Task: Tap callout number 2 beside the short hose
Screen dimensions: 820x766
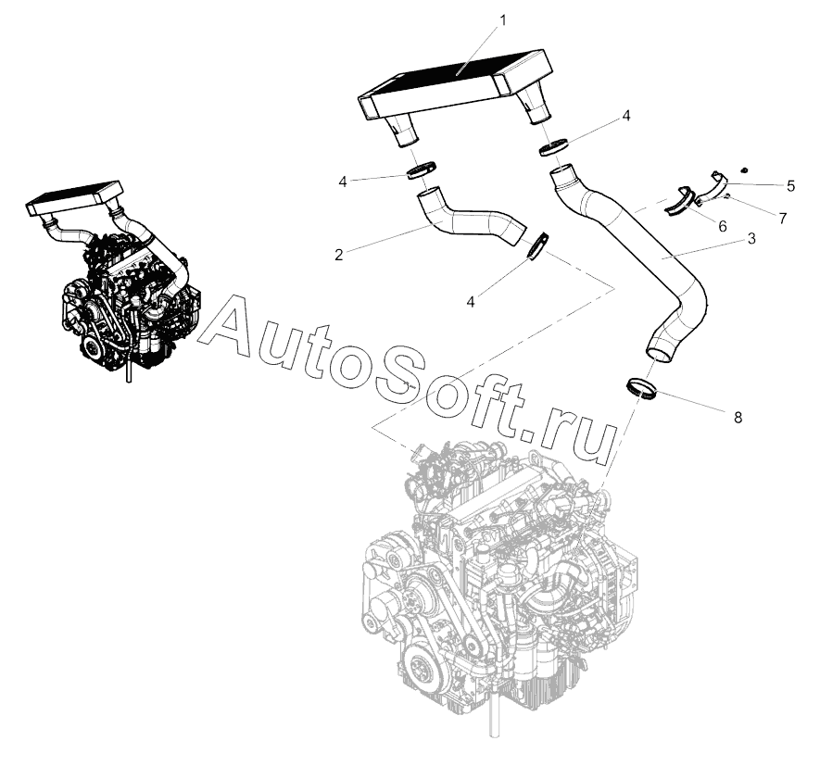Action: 339,253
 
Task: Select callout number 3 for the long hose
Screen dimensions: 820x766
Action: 751,238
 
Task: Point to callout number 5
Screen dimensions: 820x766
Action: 790,186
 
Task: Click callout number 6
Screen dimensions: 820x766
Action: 722,225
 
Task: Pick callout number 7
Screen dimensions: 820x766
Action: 782,219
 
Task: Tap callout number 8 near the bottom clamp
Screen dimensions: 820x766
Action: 738,417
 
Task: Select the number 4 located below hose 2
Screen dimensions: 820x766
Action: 471,301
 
